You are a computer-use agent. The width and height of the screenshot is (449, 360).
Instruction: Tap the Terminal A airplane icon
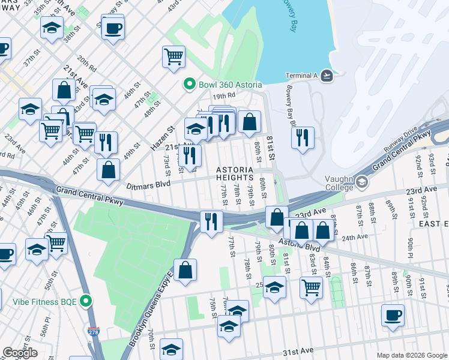327,75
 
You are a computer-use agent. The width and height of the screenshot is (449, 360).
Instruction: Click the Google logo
20,353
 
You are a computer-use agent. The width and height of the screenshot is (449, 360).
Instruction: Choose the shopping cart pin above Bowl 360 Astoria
173,56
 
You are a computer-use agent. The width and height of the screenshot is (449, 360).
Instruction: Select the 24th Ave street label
354,237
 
